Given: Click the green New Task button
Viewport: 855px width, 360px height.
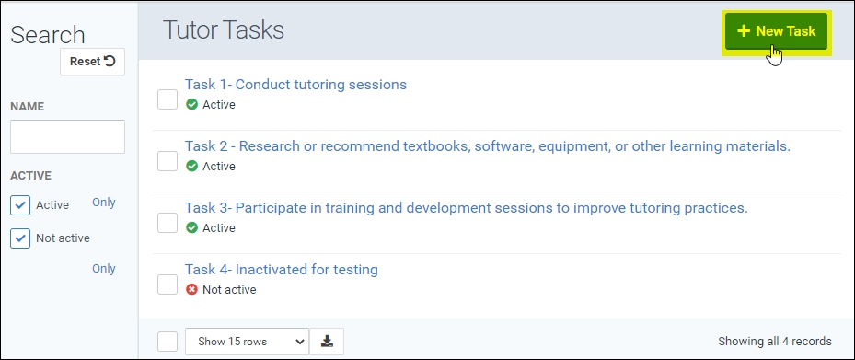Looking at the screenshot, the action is point(775,31).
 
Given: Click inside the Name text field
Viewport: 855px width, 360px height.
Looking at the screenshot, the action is point(67,136).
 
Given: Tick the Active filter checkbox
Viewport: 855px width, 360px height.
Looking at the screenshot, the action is point(20,205).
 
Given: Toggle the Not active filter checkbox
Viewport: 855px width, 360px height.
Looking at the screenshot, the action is point(20,238).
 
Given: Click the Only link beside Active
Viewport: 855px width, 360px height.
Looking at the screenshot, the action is point(104,203).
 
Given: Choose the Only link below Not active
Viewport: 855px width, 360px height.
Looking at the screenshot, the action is point(104,268).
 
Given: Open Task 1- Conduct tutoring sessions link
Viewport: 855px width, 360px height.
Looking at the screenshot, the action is point(295,85).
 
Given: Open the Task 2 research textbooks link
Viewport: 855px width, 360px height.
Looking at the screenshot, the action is point(488,146).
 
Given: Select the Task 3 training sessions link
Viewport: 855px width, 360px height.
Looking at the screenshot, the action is point(467,208).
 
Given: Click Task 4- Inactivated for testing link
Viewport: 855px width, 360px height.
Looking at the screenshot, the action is point(282,270).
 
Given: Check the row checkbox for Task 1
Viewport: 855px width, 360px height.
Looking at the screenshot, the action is point(168,99).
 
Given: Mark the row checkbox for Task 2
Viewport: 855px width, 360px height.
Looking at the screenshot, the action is point(168,161).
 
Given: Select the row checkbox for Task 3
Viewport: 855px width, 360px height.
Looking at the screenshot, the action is point(168,223).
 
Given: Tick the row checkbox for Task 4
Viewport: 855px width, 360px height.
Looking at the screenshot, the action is point(168,285).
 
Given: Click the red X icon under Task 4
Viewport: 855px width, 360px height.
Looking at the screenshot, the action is point(191,289).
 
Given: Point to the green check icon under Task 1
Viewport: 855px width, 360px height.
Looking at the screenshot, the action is point(191,104).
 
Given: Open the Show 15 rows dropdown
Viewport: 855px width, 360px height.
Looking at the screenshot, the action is point(247,342).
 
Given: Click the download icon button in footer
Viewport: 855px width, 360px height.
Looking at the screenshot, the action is point(327,342).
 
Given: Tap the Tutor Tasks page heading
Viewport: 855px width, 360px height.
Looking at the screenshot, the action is point(224,30).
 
